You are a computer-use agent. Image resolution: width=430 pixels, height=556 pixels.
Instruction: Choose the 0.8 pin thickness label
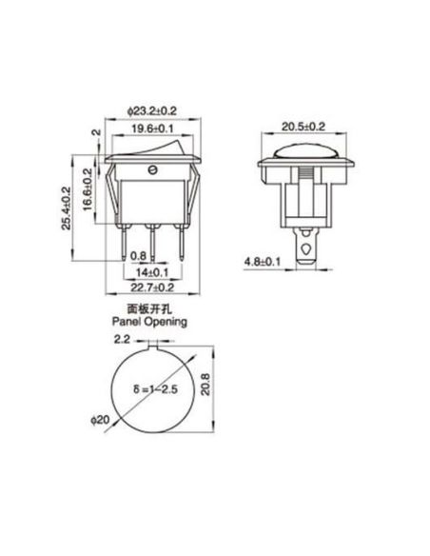pyautogui.click(x=138, y=255)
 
